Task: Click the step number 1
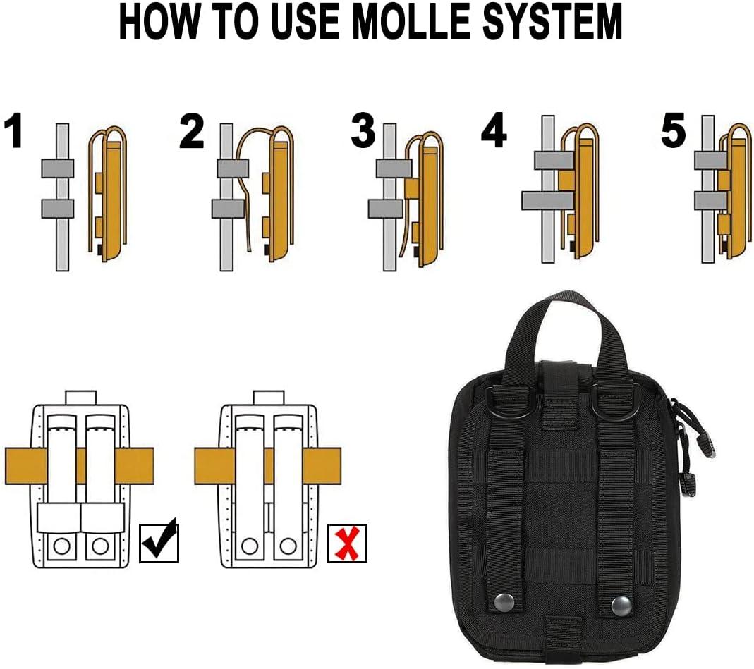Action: click(x=14, y=132)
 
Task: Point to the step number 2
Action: click(x=191, y=132)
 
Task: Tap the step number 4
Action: click(x=494, y=132)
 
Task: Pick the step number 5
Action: click(x=673, y=132)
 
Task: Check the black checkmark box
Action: click(x=159, y=542)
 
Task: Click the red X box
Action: click(x=347, y=542)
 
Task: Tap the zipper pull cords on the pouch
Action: click(x=684, y=451)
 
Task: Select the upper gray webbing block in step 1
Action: click(x=57, y=168)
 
